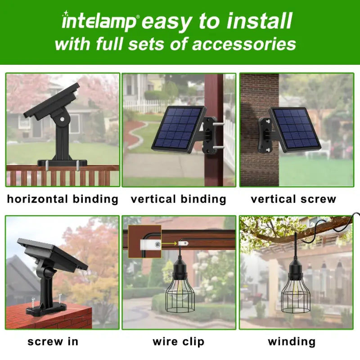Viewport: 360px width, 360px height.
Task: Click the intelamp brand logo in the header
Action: tap(100, 22)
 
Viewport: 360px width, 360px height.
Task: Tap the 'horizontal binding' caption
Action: tap(63, 199)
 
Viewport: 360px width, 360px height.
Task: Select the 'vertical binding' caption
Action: tap(178, 199)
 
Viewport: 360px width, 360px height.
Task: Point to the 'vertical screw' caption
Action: tap(293, 199)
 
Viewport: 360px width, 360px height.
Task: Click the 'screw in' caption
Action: tap(53, 342)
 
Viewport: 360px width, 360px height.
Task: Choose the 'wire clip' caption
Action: tap(178, 342)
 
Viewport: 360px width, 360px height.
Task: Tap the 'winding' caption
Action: tap(292, 342)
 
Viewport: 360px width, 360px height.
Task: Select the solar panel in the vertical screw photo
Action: tap(295, 128)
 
